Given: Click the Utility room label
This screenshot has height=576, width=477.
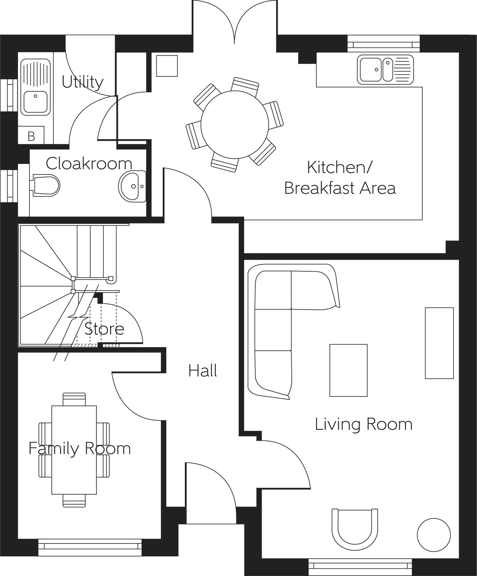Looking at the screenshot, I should click(x=82, y=82).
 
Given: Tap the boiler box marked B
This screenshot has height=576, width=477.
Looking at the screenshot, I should click(x=31, y=136).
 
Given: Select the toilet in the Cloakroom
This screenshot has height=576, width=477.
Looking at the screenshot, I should click(x=46, y=185).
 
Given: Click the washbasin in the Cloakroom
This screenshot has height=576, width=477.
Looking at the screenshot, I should click(x=132, y=186).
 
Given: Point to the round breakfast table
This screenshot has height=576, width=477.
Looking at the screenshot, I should click(x=234, y=124).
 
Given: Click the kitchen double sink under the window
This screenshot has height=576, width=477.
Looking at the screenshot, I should click(x=385, y=70).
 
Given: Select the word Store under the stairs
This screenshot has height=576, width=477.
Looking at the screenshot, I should click(x=104, y=328).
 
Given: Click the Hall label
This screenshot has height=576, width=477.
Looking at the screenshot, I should click(x=202, y=371).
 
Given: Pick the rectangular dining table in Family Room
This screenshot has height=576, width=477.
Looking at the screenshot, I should click(x=74, y=450).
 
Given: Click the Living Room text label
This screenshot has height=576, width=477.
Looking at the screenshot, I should click(x=363, y=424).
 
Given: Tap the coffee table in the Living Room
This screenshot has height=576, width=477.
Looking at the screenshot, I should click(x=348, y=370).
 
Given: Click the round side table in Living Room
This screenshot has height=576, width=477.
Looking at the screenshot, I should click(x=434, y=535).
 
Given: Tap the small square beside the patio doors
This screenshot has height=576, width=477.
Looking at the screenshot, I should click(x=167, y=66).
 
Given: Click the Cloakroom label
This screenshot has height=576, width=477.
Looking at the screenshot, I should click(x=89, y=163).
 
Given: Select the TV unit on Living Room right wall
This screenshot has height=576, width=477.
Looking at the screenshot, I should click(x=439, y=343).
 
